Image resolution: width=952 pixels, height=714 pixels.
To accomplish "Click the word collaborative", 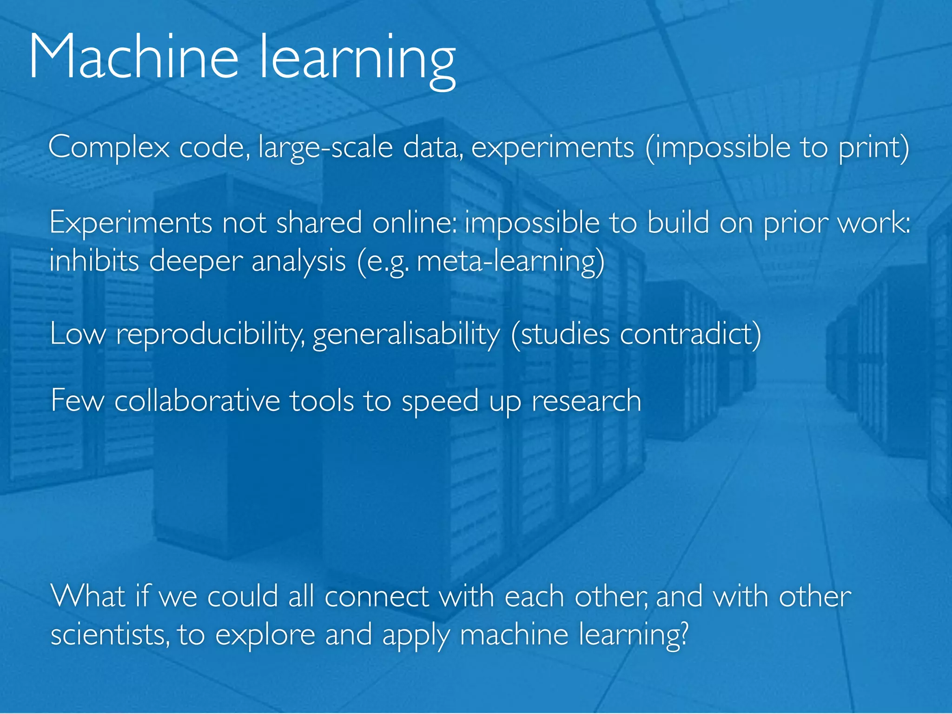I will [x=197, y=401].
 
